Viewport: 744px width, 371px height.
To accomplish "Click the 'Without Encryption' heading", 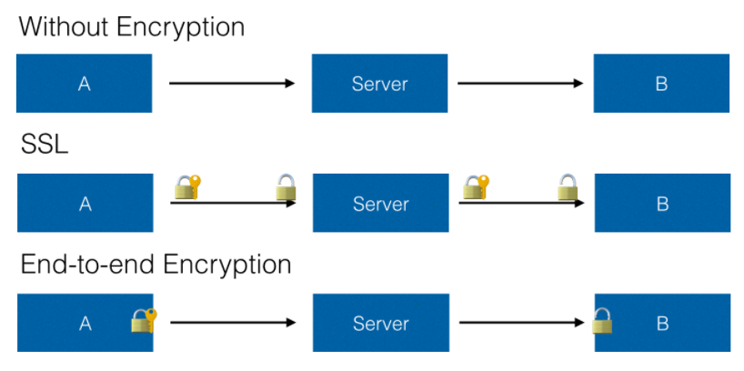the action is coord(132,27).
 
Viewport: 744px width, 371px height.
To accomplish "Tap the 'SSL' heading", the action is coord(45,145).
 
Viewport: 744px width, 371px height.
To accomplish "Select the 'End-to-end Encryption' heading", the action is coord(156,265).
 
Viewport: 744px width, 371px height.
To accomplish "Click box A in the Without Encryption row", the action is coord(85,83).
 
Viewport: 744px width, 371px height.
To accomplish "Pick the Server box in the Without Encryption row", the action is coord(379,83).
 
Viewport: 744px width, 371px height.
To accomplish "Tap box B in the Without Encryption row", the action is coord(661,83).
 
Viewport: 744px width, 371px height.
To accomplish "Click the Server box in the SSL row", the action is coord(380,203).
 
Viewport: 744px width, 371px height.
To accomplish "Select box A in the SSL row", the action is coord(85,203).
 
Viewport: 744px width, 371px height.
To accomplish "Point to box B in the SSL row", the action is coord(662,203).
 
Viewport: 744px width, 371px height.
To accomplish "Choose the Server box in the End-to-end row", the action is coord(380,323).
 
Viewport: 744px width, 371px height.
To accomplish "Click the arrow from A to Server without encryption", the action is coord(232,84).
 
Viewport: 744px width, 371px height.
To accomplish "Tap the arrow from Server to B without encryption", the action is coord(520,84).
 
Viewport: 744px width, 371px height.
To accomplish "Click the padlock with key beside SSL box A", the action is coord(188,187).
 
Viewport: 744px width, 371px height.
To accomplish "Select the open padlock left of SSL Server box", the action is coord(287,187).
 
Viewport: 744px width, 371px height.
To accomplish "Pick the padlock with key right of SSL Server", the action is coord(476,187).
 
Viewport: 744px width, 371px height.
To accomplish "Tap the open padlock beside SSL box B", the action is coord(568,187).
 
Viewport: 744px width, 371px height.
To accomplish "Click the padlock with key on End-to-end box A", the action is coord(144,320).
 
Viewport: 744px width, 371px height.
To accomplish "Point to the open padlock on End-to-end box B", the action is coord(602,321).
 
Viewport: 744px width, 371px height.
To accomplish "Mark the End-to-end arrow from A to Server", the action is coord(233,323).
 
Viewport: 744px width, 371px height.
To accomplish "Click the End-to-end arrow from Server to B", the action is coord(521,323).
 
